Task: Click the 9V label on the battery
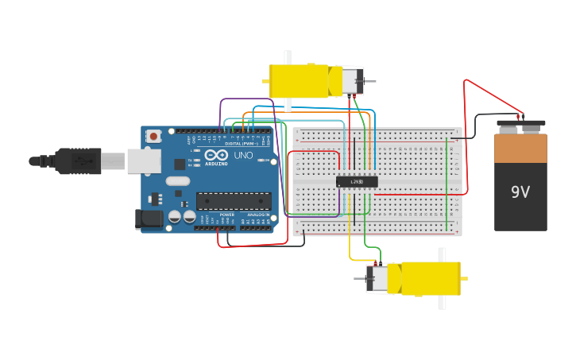520,192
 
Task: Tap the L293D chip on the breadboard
357,181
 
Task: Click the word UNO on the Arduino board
244,156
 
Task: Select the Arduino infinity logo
215,156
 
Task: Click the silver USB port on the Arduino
144,162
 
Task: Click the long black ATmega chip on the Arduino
233,201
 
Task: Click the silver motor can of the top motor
352,80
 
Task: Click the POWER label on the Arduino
227,215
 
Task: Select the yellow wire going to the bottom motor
350,238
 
